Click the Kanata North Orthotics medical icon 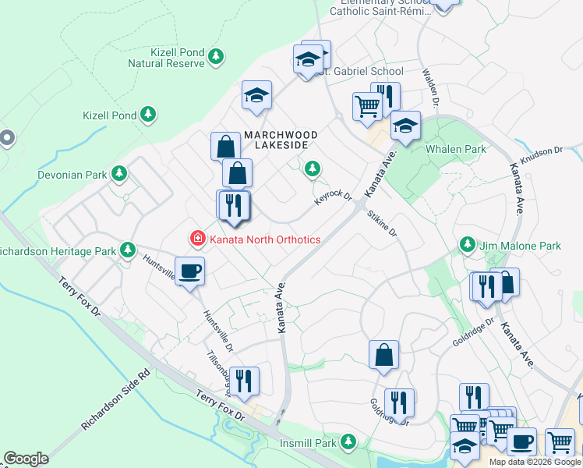197,239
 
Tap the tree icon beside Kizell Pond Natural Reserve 216,56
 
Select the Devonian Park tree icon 118,173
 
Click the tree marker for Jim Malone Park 467,245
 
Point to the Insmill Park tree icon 348,442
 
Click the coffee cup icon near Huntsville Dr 190,271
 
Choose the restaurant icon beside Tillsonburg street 243,381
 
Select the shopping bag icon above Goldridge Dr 383,354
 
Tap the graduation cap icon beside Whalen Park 405,125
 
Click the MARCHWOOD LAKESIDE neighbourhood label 281,140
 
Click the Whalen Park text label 455,149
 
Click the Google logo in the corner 26,459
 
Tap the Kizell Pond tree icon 147,115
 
